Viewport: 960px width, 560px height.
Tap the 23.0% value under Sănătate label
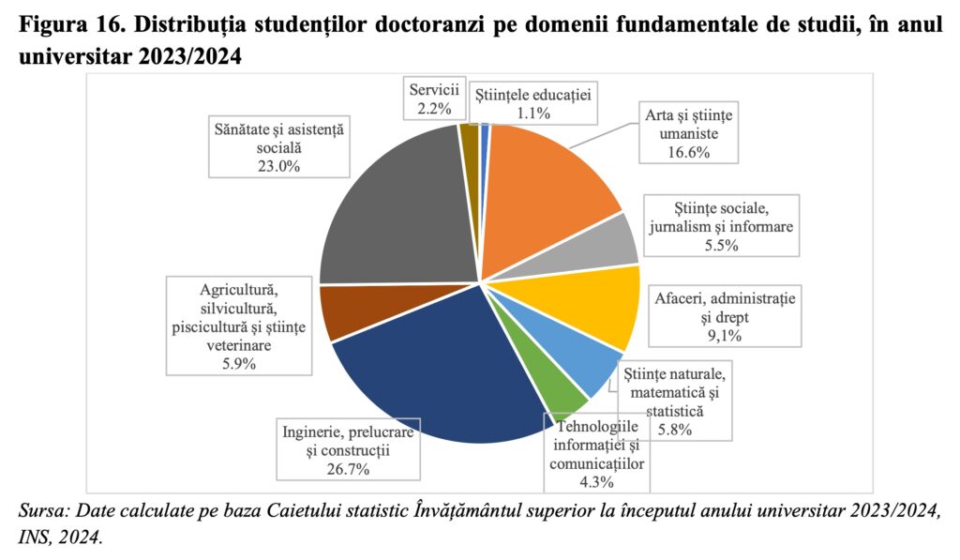click(277, 167)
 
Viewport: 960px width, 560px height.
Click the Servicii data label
click(433, 98)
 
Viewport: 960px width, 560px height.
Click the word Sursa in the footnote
click(40, 511)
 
